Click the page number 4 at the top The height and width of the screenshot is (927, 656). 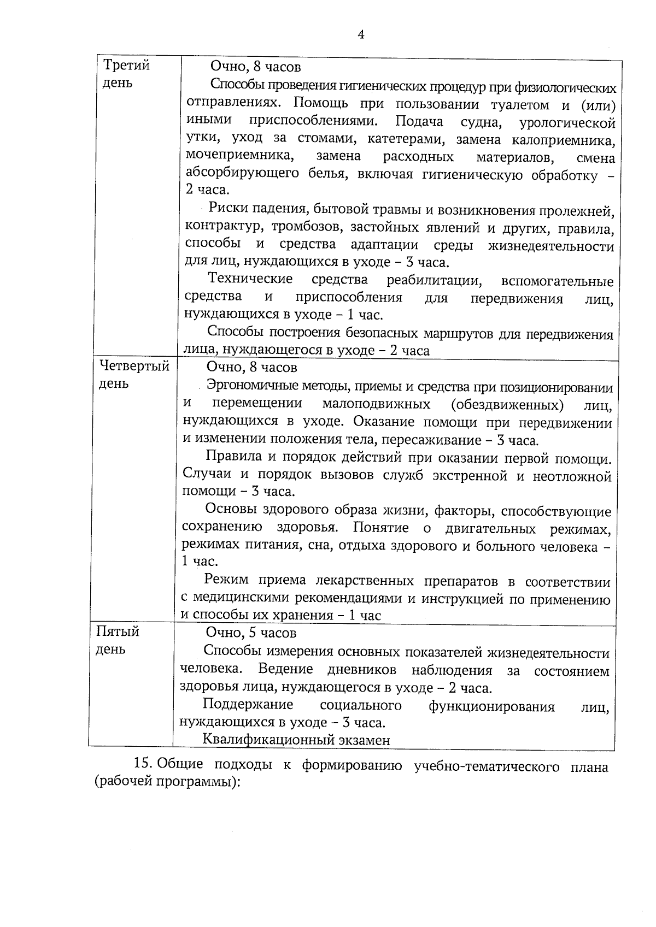coord(361,34)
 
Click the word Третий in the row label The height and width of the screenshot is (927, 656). coord(127,66)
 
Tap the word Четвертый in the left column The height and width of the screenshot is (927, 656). coord(134,366)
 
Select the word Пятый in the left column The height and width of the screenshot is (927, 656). coord(118,632)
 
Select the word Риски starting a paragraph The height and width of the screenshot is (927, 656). coord(229,209)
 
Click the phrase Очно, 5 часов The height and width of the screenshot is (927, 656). coord(250,633)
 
